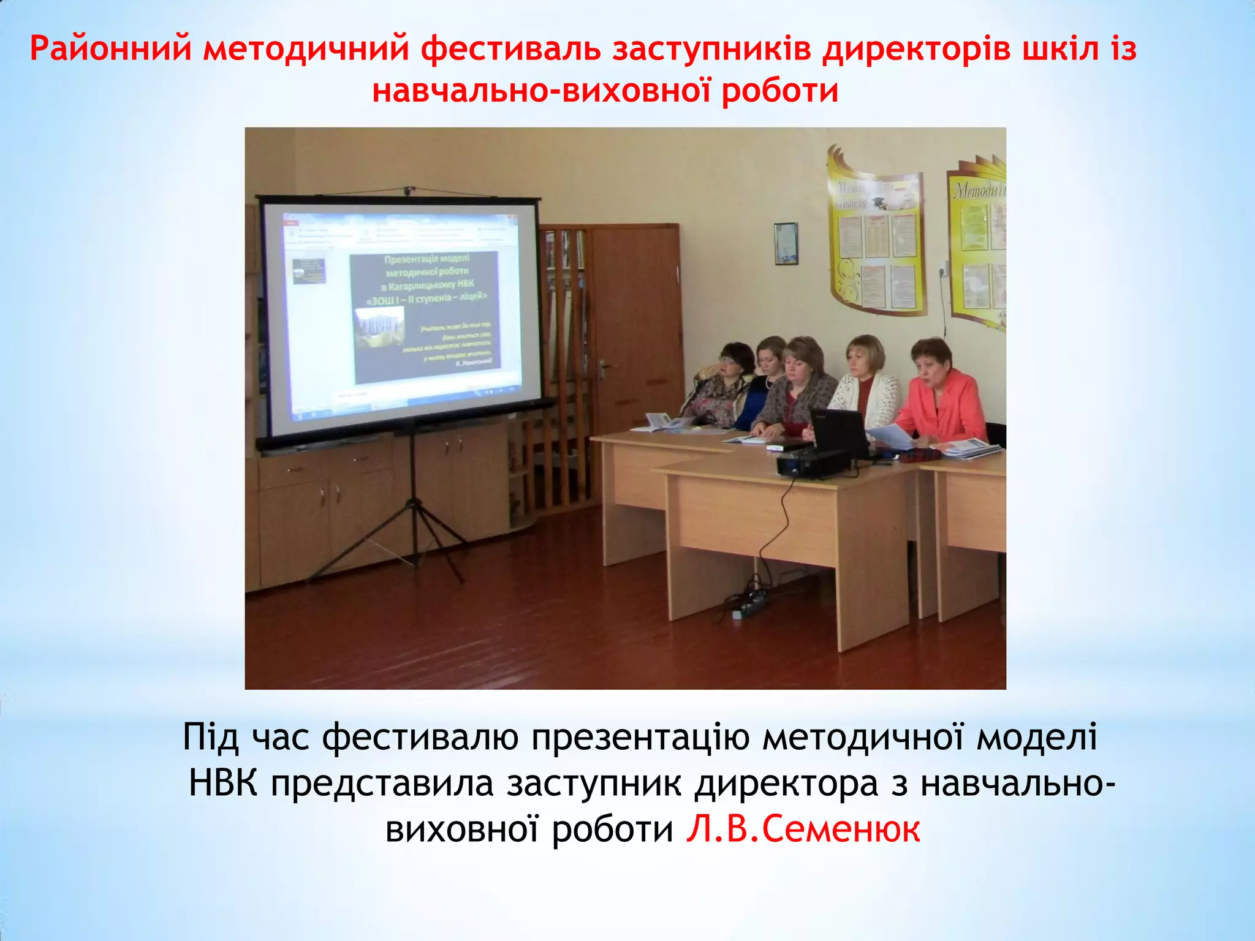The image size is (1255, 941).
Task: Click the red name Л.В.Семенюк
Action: pos(803,830)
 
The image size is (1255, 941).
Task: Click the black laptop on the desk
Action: pos(838,433)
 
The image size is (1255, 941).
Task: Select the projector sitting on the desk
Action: pos(812,463)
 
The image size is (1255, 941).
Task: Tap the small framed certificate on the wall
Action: pos(786,244)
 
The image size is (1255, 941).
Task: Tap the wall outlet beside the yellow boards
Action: pos(944,268)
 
